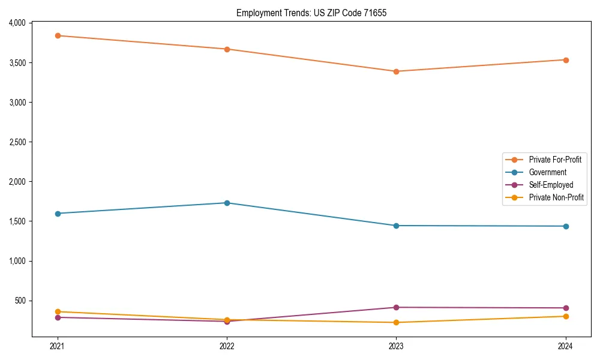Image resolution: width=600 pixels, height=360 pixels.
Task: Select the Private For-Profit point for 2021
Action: coord(58,35)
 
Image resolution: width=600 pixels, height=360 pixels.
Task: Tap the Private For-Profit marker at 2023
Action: coord(396,71)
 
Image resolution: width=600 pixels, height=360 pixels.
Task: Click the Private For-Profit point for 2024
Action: coord(566,60)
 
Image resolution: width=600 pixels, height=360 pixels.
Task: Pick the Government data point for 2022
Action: coord(227,203)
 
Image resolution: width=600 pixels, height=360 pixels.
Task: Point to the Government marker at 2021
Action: coord(58,214)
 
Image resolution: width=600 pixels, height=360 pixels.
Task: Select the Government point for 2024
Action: coord(566,226)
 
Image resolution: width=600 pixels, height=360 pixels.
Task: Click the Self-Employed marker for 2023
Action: coord(396,307)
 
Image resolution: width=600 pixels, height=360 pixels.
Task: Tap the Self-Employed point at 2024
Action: coord(566,308)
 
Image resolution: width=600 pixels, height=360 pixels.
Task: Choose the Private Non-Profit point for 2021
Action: coord(58,311)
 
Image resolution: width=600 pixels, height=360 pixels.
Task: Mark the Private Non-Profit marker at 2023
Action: coord(396,322)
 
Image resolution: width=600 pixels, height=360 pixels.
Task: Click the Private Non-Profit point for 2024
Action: coord(566,316)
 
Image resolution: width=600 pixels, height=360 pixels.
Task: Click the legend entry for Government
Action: coord(547,172)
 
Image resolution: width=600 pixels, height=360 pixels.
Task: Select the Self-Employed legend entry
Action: coord(551,185)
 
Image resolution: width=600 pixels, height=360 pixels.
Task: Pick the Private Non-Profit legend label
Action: coord(556,197)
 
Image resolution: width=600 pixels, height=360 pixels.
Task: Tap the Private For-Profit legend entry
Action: coord(555,160)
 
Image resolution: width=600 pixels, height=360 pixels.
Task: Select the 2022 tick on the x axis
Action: coord(227,346)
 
